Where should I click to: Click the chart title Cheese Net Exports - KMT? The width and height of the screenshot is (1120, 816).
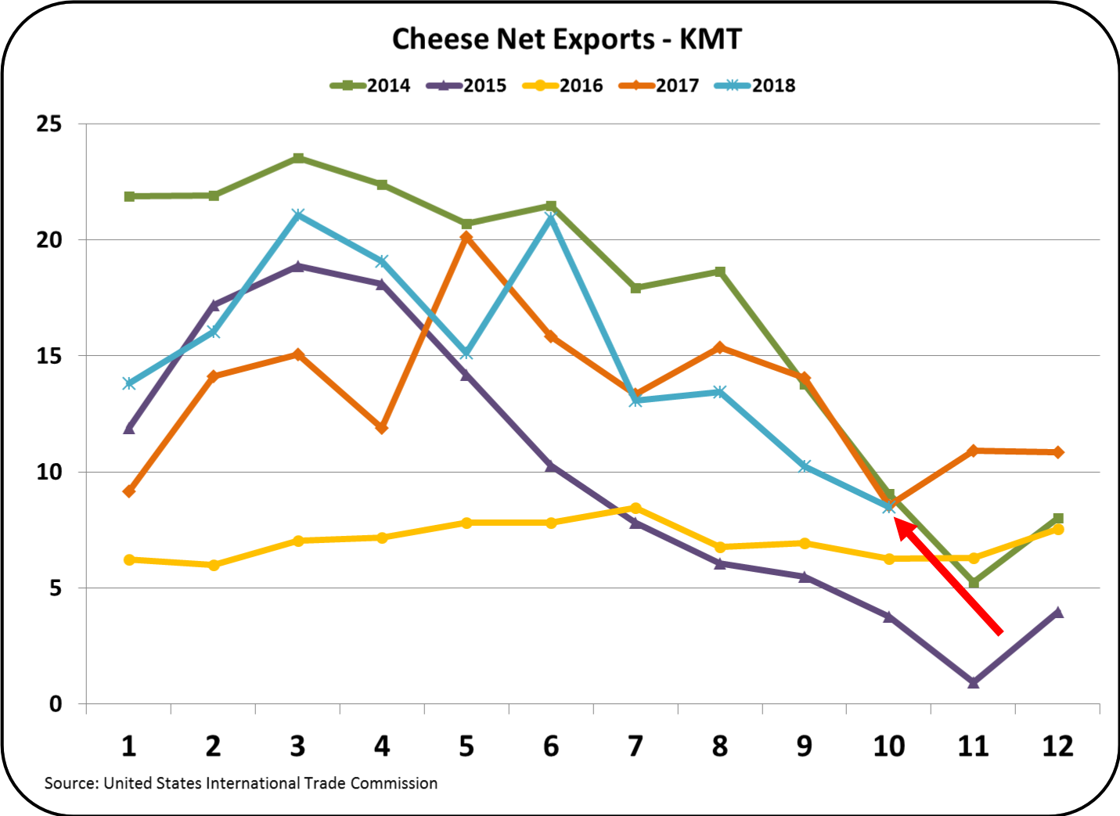[566, 39]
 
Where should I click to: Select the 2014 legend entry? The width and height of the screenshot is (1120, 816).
[369, 85]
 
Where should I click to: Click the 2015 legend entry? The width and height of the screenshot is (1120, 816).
[466, 85]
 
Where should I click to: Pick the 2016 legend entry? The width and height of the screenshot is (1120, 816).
[563, 85]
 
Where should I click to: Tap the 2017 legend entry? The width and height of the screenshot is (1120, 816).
[659, 85]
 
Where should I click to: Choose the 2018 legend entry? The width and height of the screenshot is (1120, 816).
[755, 85]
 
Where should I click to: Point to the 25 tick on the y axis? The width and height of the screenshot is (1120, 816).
[49, 124]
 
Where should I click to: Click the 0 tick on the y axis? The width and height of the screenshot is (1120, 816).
[55, 703]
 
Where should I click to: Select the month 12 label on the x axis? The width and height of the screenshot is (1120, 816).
[1057, 746]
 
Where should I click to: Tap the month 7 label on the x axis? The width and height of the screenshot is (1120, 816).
[635, 746]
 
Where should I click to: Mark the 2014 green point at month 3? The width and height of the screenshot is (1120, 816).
[298, 158]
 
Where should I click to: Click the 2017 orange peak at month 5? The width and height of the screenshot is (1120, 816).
[466, 237]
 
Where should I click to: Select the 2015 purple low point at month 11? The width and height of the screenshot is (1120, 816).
[973, 682]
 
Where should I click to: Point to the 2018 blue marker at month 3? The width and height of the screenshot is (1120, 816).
[298, 215]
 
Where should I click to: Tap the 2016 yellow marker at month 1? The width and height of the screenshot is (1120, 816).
[129, 559]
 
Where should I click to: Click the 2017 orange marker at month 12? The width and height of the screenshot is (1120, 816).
[1057, 452]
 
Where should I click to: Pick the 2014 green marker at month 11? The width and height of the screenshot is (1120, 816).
[973, 583]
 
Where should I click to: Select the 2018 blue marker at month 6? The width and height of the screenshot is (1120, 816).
[551, 217]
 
